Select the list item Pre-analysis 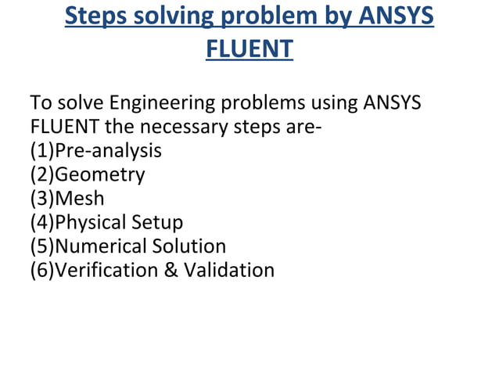(x=107, y=150)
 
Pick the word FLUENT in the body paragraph (x=60, y=126)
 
